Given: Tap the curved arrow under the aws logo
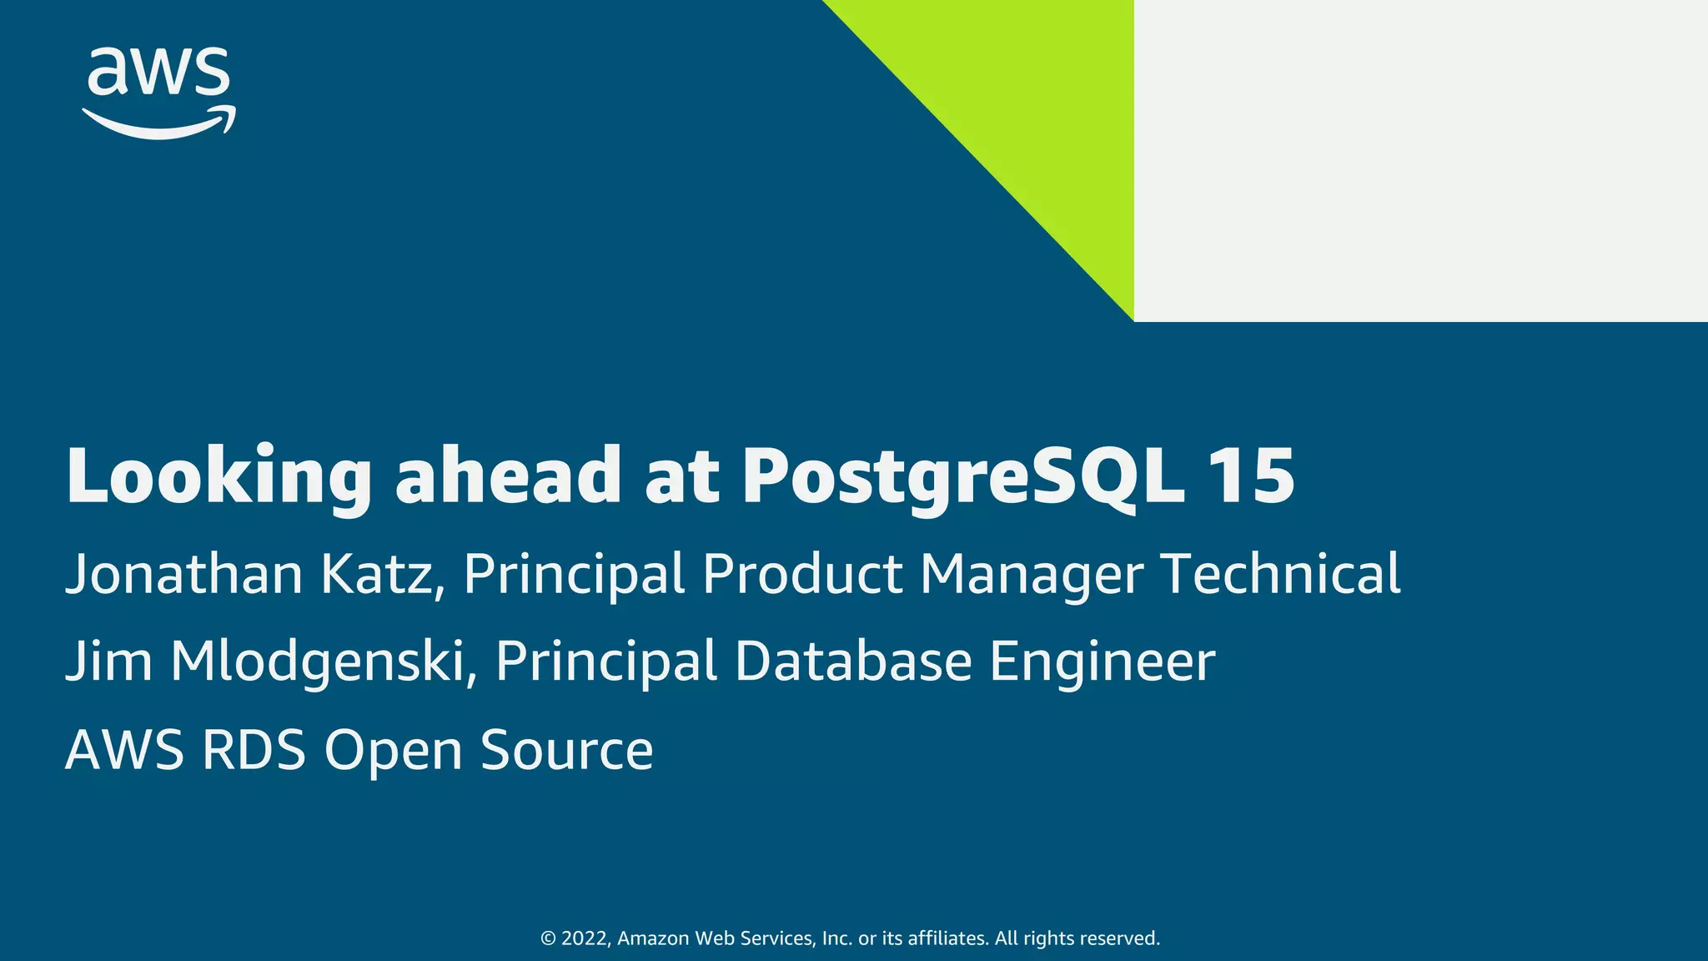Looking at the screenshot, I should [x=158, y=125].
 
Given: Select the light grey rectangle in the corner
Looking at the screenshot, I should [x=1418, y=158].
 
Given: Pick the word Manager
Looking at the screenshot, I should [x=1031, y=576].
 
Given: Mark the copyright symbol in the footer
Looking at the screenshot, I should [x=548, y=938].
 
